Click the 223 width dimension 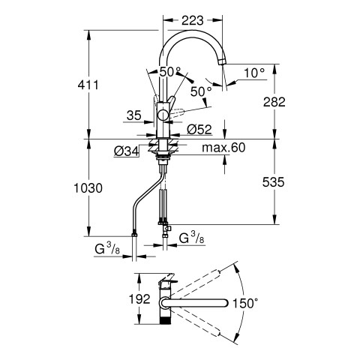(x=192, y=20)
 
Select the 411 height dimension (x=88, y=85)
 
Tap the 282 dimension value (x=274, y=102)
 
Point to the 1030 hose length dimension (x=88, y=188)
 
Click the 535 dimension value (x=273, y=182)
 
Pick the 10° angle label (x=254, y=73)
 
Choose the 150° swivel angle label (x=245, y=304)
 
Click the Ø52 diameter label (x=199, y=129)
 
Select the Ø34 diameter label (x=127, y=151)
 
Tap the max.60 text (x=223, y=148)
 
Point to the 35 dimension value (x=134, y=115)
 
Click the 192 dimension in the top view (x=139, y=298)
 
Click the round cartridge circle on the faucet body (x=163, y=115)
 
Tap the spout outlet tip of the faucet (x=222, y=61)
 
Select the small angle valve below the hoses (x=167, y=228)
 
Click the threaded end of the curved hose (x=134, y=235)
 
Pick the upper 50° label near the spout (x=170, y=72)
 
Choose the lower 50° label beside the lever (x=201, y=91)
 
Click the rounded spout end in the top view (x=225, y=303)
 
